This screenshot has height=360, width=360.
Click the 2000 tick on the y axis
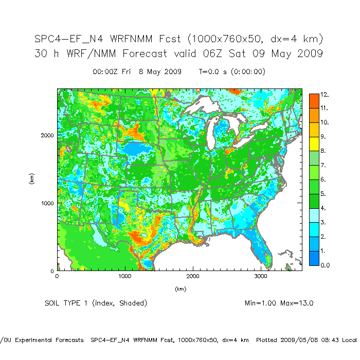[x=48, y=135]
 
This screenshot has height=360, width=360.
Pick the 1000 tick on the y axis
[x=48, y=203]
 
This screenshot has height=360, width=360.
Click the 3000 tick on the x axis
[x=261, y=276]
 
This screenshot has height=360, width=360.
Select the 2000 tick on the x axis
[x=193, y=276]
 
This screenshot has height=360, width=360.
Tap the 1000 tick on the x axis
[x=125, y=276]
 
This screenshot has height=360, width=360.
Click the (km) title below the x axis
[x=179, y=289]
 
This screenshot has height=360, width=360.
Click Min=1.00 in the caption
[x=261, y=303]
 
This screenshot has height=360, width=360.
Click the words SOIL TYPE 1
[x=67, y=303]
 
